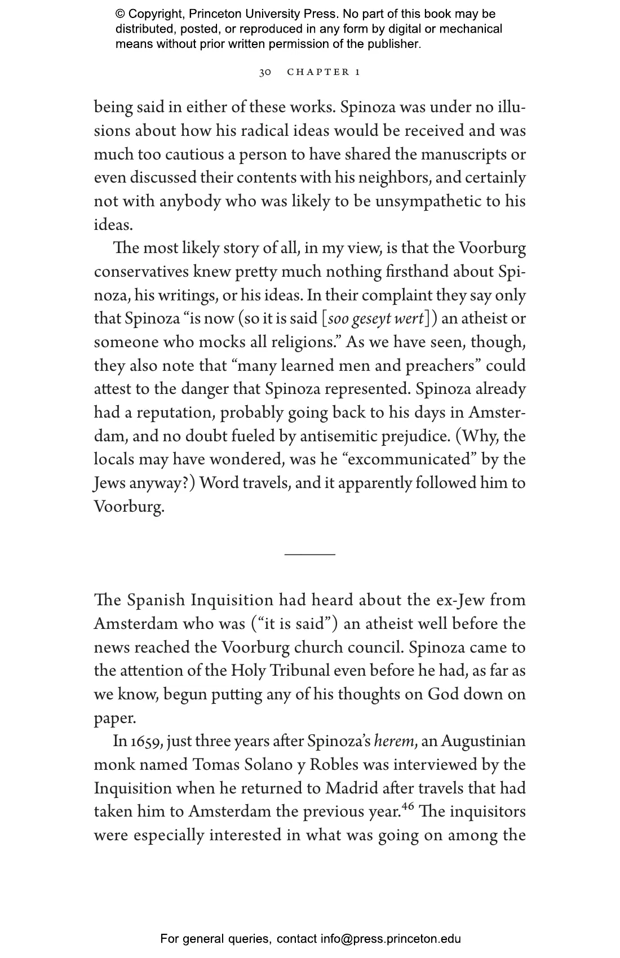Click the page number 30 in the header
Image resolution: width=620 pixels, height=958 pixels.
(x=265, y=72)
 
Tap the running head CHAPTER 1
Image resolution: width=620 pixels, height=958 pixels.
(x=324, y=72)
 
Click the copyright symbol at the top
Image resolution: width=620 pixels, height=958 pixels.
(x=120, y=14)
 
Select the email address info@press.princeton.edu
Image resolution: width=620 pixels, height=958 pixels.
(x=391, y=939)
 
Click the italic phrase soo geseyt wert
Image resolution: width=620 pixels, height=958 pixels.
(x=375, y=319)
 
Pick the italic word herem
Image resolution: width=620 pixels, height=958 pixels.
(x=395, y=741)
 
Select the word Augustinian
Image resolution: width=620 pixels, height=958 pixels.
(x=483, y=741)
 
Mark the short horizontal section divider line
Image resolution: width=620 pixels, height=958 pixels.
(x=309, y=555)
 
